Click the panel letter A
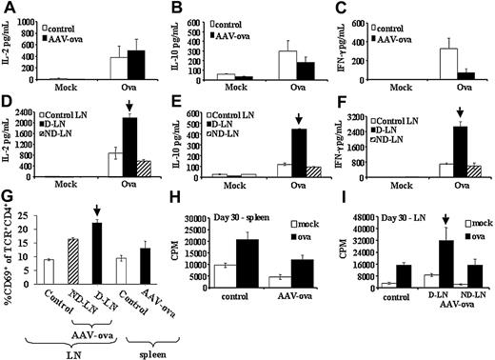coord(9,9)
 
